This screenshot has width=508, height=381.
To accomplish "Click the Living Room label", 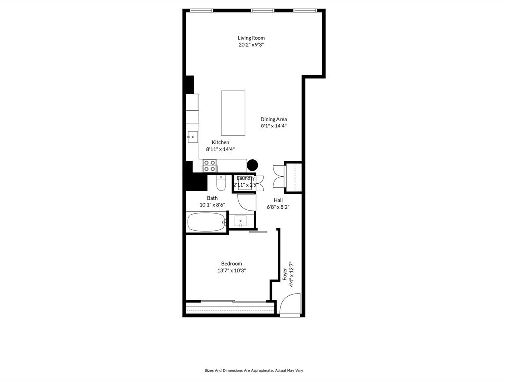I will [x=251, y=38].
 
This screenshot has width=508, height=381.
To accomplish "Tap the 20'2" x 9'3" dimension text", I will [x=251, y=45].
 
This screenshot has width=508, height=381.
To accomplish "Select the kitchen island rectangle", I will [x=233, y=113].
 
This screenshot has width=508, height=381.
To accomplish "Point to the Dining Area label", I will [x=274, y=119].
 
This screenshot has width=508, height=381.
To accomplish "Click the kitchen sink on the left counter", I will [x=192, y=137].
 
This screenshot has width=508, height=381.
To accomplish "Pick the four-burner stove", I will [x=209, y=165].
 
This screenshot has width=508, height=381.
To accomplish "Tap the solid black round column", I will [x=253, y=165].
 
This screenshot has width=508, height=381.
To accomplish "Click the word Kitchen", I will [x=220, y=142].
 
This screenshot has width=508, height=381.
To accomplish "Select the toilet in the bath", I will [x=221, y=184].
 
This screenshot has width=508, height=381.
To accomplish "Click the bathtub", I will [x=206, y=222].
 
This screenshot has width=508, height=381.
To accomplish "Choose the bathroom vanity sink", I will [x=241, y=220].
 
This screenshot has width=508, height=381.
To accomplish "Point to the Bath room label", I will [x=212, y=198].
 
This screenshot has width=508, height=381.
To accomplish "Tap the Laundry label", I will [x=246, y=178].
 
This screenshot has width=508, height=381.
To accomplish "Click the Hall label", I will [x=278, y=200].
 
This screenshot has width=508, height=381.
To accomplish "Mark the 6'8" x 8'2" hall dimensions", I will [x=278, y=207].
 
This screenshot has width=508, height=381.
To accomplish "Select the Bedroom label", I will [x=231, y=264].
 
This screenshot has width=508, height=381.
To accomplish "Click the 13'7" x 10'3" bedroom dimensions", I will [x=231, y=271].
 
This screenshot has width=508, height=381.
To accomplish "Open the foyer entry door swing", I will [x=290, y=304].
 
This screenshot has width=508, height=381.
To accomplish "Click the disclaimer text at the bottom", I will [x=254, y=370].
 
